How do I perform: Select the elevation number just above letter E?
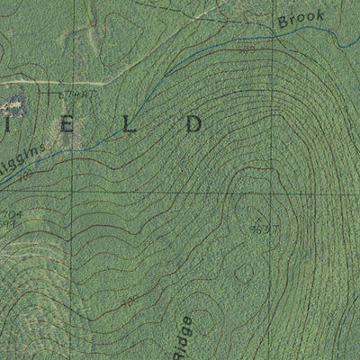[x=76, y=94]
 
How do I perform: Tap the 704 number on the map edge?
[x=9, y=214]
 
